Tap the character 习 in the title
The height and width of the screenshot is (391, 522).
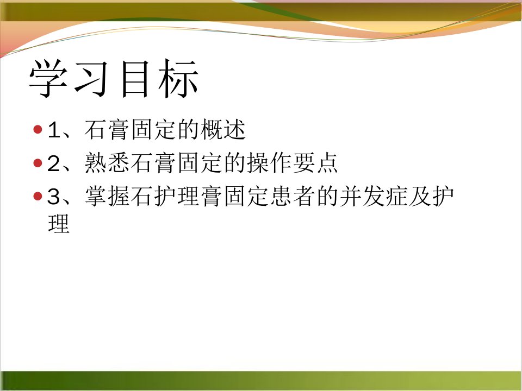[91, 78]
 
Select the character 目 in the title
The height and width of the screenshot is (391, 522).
[134, 79]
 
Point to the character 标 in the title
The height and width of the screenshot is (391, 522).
[178, 79]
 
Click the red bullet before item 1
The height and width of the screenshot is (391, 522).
[38, 129]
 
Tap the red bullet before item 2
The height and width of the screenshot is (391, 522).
[38, 163]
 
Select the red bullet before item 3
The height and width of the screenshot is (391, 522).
[38, 196]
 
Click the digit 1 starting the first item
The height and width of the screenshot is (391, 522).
[54, 130]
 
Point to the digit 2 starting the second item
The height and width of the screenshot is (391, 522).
[54, 163]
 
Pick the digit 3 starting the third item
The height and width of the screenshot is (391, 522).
[54, 197]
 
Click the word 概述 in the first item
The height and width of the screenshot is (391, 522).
[223, 130]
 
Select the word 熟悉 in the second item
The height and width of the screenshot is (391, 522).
[107, 163]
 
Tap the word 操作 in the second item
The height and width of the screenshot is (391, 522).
[269, 163]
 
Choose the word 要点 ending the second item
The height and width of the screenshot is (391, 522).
[315, 163]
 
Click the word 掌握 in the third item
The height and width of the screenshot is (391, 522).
[107, 196]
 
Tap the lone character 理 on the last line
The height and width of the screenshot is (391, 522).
[59, 223]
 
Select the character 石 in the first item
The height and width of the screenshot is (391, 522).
[96, 130]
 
